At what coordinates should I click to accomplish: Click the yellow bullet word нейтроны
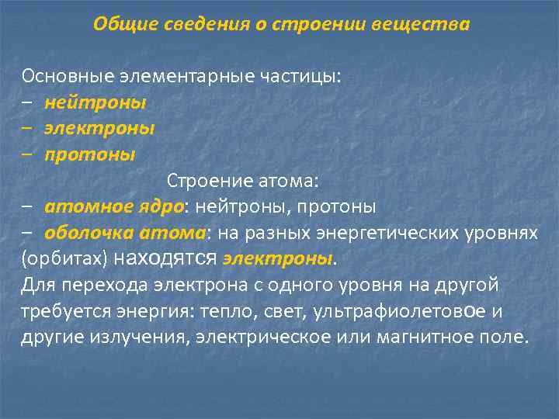point(95,102)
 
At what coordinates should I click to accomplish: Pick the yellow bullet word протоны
point(89,154)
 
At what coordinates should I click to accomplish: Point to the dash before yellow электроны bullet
point(28,129)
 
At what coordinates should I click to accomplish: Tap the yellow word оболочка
point(90,233)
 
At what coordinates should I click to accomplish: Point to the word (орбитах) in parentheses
point(64,259)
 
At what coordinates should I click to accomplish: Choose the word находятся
point(165,258)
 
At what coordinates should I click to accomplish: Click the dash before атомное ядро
point(28,207)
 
